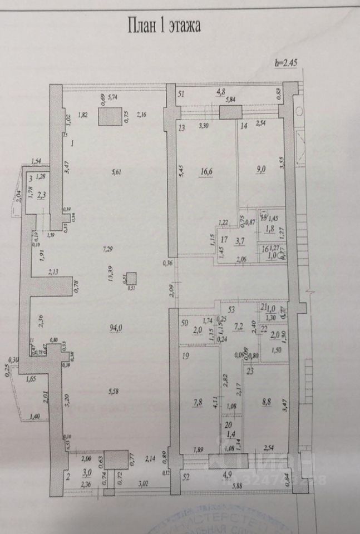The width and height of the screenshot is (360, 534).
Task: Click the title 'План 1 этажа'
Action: pyautogui.click(x=164, y=26)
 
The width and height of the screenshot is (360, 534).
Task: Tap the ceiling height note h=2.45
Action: pyautogui.click(x=287, y=63)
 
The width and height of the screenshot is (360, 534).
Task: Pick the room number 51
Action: pyautogui.click(x=181, y=94)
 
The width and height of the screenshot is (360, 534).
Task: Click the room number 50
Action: pyautogui.click(x=184, y=322)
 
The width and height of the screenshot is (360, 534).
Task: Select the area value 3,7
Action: pyautogui.click(x=240, y=241)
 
